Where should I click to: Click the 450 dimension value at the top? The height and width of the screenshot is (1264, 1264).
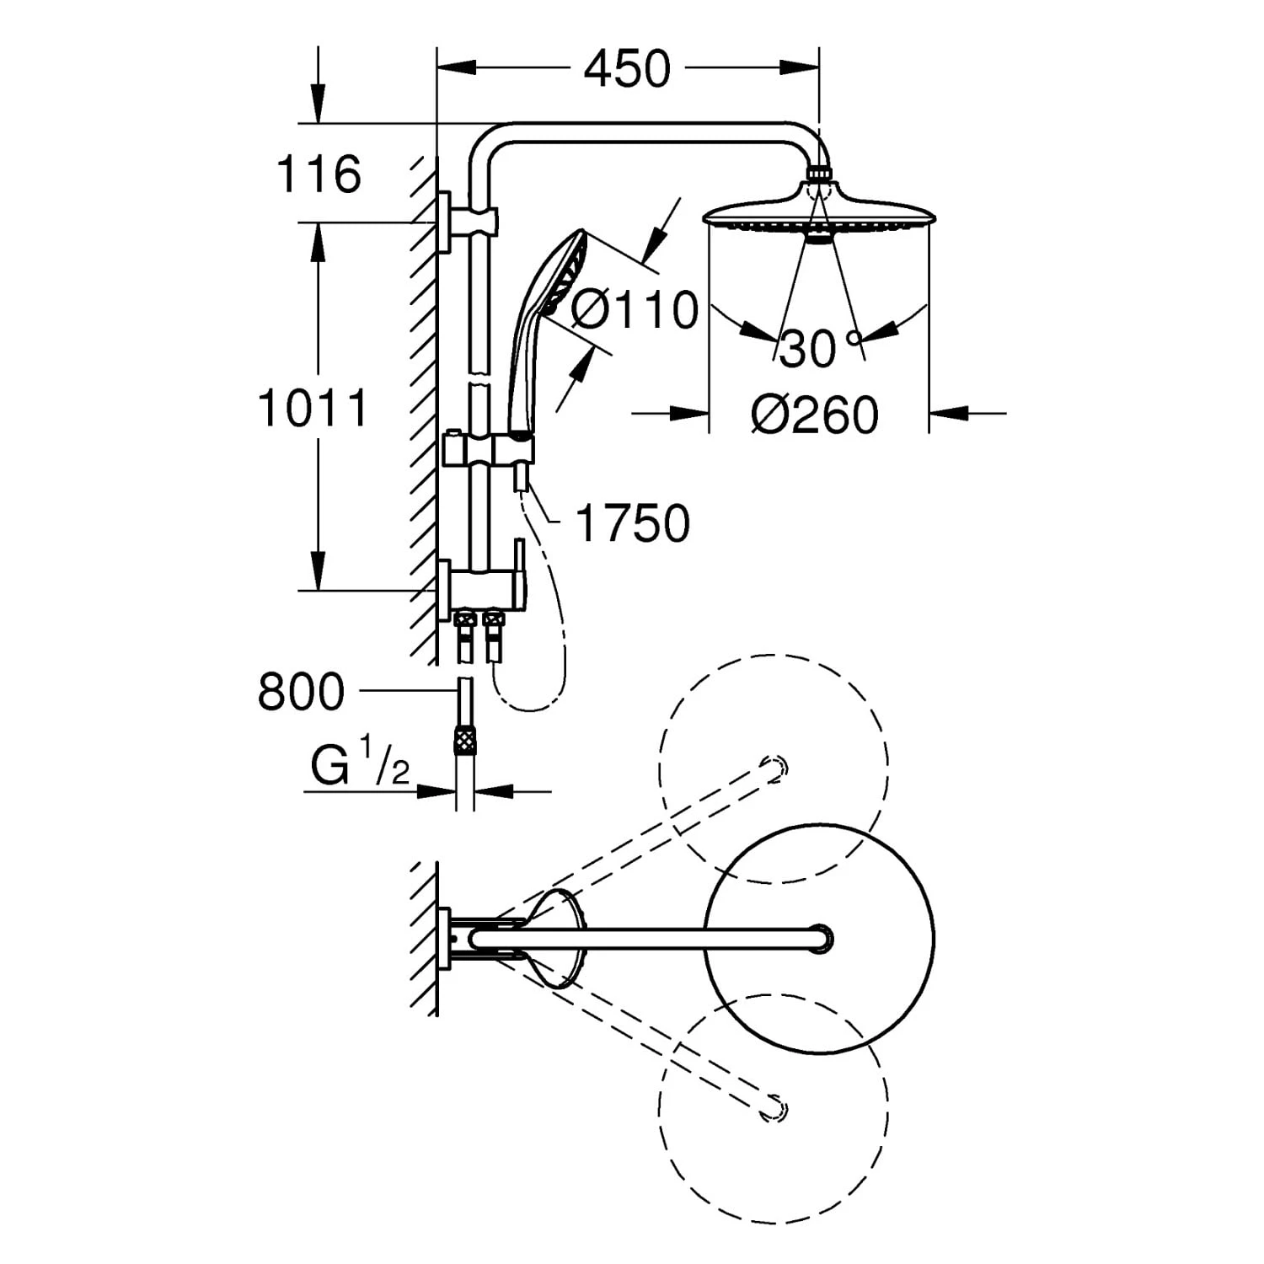(627, 69)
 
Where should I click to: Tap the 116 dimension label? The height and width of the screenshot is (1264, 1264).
(319, 174)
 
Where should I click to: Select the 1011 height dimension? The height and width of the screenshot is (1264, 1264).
(313, 408)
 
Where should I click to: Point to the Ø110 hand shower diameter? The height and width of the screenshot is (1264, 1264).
(635, 309)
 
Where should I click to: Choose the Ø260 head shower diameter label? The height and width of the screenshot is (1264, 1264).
(815, 415)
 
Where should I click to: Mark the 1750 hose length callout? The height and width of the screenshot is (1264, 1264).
(632, 523)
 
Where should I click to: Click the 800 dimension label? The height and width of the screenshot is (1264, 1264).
(301, 692)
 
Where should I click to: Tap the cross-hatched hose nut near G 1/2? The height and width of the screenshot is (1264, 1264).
(464, 740)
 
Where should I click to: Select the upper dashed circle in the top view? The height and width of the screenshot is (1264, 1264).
(774, 769)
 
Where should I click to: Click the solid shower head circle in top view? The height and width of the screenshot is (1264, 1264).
(819, 938)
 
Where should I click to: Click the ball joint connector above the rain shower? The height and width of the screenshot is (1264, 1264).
(818, 175)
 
